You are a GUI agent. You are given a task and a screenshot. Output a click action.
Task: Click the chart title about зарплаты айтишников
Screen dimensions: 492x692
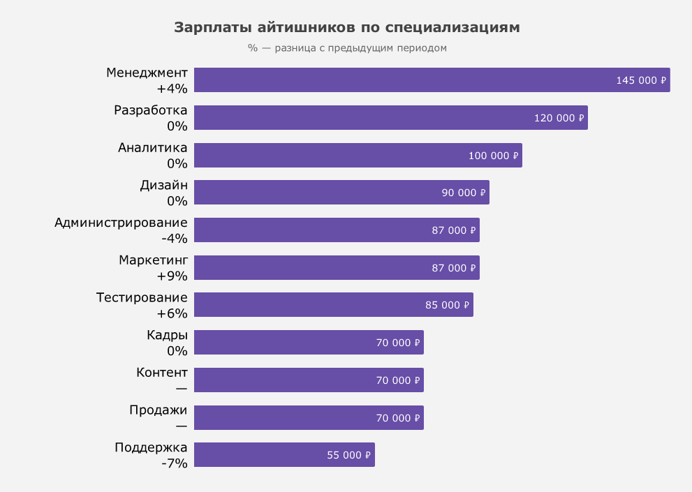346,28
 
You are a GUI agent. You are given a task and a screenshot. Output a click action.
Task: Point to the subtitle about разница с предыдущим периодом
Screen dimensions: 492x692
346,48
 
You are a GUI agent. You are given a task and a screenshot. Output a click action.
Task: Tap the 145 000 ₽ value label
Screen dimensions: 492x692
641,80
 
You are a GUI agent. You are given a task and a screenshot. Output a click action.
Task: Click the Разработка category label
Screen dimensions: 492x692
151,110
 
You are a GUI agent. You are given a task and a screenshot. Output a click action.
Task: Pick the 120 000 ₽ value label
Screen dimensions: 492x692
559,118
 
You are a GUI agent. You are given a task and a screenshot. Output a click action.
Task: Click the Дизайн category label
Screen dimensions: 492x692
163,186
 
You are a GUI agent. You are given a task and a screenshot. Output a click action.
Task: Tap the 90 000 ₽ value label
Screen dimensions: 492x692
463,193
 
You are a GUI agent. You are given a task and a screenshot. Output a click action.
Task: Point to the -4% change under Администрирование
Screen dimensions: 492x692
175,239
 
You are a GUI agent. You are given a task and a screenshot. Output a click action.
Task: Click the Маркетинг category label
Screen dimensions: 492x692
153,260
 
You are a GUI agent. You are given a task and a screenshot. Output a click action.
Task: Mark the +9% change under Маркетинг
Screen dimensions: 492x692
172,276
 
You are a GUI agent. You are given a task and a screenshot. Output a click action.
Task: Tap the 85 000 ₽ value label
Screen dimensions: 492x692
447,305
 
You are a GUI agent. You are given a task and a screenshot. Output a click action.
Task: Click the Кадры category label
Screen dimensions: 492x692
167,335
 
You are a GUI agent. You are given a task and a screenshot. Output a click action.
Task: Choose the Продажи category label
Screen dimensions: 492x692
159,410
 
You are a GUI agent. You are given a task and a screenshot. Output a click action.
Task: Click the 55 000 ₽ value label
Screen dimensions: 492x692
349,455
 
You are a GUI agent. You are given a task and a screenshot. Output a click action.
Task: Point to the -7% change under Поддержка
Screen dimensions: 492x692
175,463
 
